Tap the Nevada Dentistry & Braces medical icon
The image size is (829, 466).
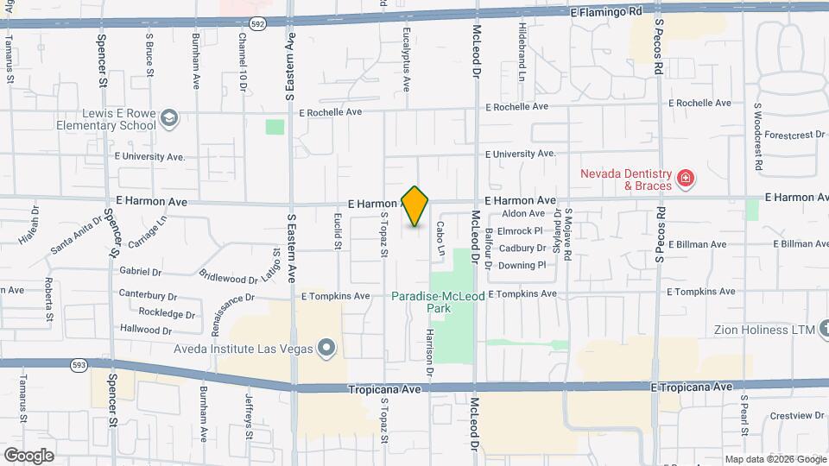pos(686,179)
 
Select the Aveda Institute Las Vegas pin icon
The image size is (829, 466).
pos(326,349)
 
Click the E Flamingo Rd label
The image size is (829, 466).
pos(607,12)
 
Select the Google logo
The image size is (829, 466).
pos(28,455)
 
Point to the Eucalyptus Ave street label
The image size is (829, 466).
pos(405,59)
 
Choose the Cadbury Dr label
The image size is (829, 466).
pos(523,249)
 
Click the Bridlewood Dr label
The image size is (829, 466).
pos(229,279)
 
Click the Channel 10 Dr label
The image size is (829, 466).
pos(243,62)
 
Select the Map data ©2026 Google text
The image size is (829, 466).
pos(775,459)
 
